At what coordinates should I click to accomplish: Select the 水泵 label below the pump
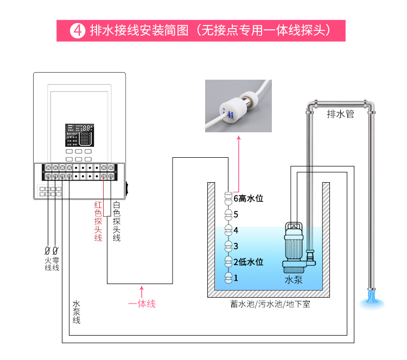pyautogui.click(x=294, y=280)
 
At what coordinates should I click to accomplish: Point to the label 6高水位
pyautogui.click(x=248, y=198)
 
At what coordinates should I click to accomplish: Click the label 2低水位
pyautogui.click(x=248, y=262)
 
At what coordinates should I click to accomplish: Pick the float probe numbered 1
pyautogui.click(x=228, y=278)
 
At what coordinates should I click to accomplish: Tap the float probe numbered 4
pyautogui.click(x=228, y=230)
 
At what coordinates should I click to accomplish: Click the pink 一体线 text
pyautogui.click(x=142, y=304)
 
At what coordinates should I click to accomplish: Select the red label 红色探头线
pyautogui.click(x=98, y=221)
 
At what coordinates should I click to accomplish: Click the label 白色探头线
pyautogui.click(x=117, y=221)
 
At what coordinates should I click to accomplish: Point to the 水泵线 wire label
pyautogui.click(x=76, y=312)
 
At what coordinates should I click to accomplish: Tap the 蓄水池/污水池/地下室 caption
pyautogui.click(x=270, y=304)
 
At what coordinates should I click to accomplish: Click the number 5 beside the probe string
pyautogui.click(x=236, y=214)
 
